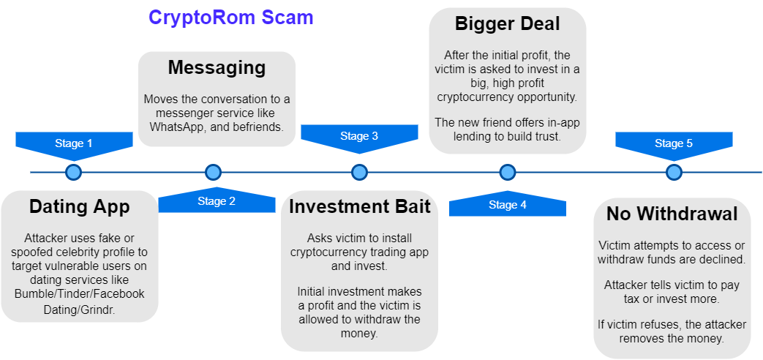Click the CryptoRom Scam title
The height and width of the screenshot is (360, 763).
coord(230,18)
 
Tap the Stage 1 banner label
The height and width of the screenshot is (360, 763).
coord(74,143)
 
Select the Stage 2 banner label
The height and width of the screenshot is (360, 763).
coord(217,201)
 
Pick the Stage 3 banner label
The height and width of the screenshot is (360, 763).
coord(359,136)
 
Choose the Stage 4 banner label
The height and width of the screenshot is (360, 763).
coord(508,205)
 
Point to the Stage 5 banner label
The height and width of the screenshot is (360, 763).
coord(674,143)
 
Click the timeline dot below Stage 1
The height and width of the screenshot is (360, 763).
coord(73,173)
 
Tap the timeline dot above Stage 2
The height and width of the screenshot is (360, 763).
coord(213,173)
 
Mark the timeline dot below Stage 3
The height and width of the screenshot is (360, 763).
coord(359,173)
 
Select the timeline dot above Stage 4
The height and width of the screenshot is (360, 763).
coord(508,173)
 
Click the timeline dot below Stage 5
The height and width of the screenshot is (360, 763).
coord(674,173)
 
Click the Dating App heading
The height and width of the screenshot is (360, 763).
coord(80,207)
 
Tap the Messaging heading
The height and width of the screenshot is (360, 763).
coord(217,68)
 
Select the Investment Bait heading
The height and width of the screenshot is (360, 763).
coord(359,207)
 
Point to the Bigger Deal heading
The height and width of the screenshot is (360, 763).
coord(508,23)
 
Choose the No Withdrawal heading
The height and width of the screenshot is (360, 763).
coord(672,214)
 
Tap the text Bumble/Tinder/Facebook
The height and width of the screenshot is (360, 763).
coord(80,293)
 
